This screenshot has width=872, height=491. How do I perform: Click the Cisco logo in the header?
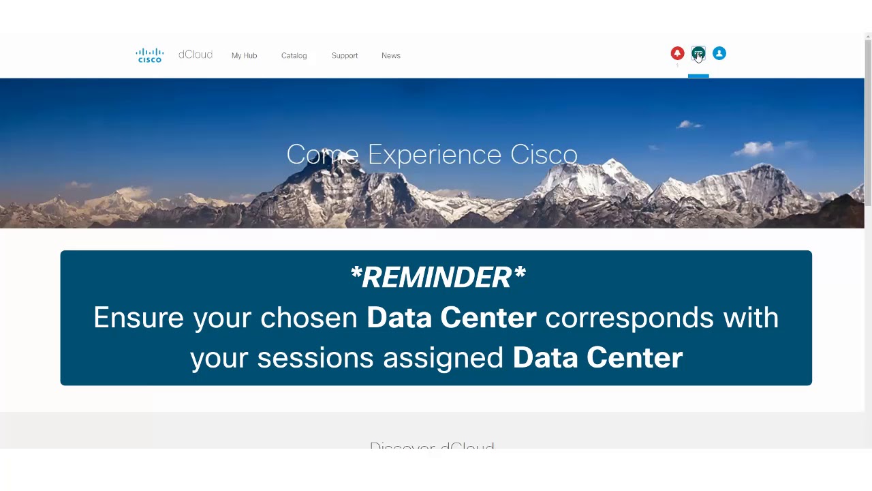150,55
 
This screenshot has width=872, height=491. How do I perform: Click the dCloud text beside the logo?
196,55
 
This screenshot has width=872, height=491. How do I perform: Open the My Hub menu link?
244,55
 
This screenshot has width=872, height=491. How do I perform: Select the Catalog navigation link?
294,55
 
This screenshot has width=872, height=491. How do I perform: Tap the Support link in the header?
344,55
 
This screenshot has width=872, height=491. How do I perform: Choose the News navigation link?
390,55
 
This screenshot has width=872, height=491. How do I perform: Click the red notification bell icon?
677,53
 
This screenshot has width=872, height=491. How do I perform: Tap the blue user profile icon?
719,53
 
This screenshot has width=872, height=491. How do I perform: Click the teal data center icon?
698,53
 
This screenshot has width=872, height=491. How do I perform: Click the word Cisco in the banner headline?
544,155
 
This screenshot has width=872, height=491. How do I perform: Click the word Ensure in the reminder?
138,318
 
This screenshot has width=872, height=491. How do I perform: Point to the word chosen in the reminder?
309,318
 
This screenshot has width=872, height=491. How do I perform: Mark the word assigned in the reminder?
443,358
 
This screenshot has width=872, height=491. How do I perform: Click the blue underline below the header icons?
698,76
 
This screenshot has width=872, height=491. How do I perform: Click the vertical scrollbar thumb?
868,123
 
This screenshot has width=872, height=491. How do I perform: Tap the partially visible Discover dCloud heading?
432,446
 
